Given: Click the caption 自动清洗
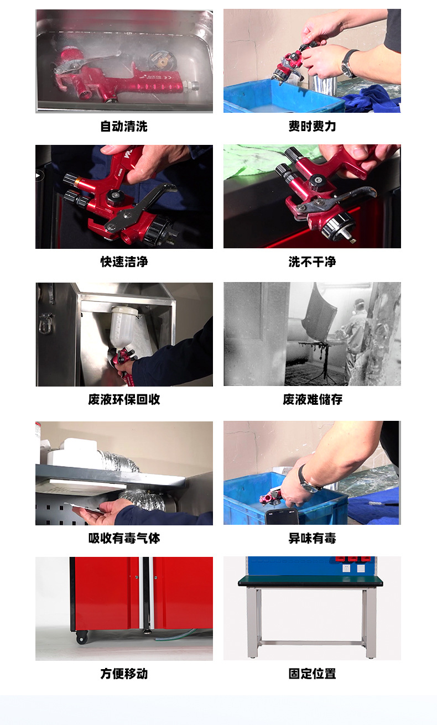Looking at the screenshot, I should [124, 127].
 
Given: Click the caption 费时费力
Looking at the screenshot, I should [312, 127].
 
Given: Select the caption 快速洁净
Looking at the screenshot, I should [124, 262].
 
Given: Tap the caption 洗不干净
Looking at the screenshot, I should [312, 262].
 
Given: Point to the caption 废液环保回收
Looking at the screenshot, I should [124, 400].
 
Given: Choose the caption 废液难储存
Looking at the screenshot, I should [312, 400].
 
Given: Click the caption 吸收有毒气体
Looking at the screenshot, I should [124, 539].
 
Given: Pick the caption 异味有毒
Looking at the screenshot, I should [312, 539].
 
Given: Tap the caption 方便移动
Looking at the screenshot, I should [124, 674].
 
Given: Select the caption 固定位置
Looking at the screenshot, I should [312, 674].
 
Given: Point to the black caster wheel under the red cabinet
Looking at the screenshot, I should [82, 638].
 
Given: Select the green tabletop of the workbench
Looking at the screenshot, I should [310, 580].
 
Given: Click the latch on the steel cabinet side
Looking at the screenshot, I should [45, 323].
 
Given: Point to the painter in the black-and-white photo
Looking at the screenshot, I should [355, 337].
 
